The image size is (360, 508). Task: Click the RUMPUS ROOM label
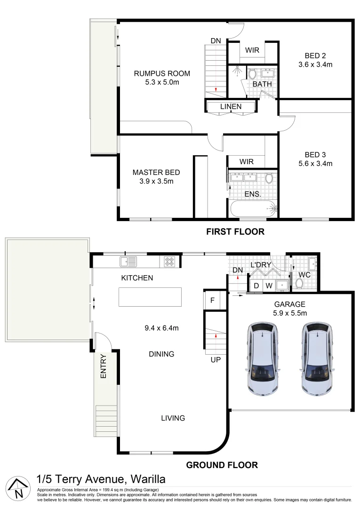[162, 73]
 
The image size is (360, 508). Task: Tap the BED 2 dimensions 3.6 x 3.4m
[315, 64]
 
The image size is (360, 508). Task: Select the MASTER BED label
[156, 173]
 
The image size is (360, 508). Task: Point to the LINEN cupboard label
[231, 107]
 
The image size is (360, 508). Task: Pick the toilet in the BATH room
[252, 74]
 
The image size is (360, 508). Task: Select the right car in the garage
[318, 358]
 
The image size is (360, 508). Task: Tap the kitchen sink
[128, 261]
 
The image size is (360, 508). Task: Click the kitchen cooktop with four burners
[169, 261]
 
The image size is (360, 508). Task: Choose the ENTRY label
[104, 366]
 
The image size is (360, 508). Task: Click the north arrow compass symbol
[18, 488]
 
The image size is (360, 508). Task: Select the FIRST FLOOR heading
[235, 231]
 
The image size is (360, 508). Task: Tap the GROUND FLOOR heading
[222, 465]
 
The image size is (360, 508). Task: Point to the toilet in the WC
[298, 283]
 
